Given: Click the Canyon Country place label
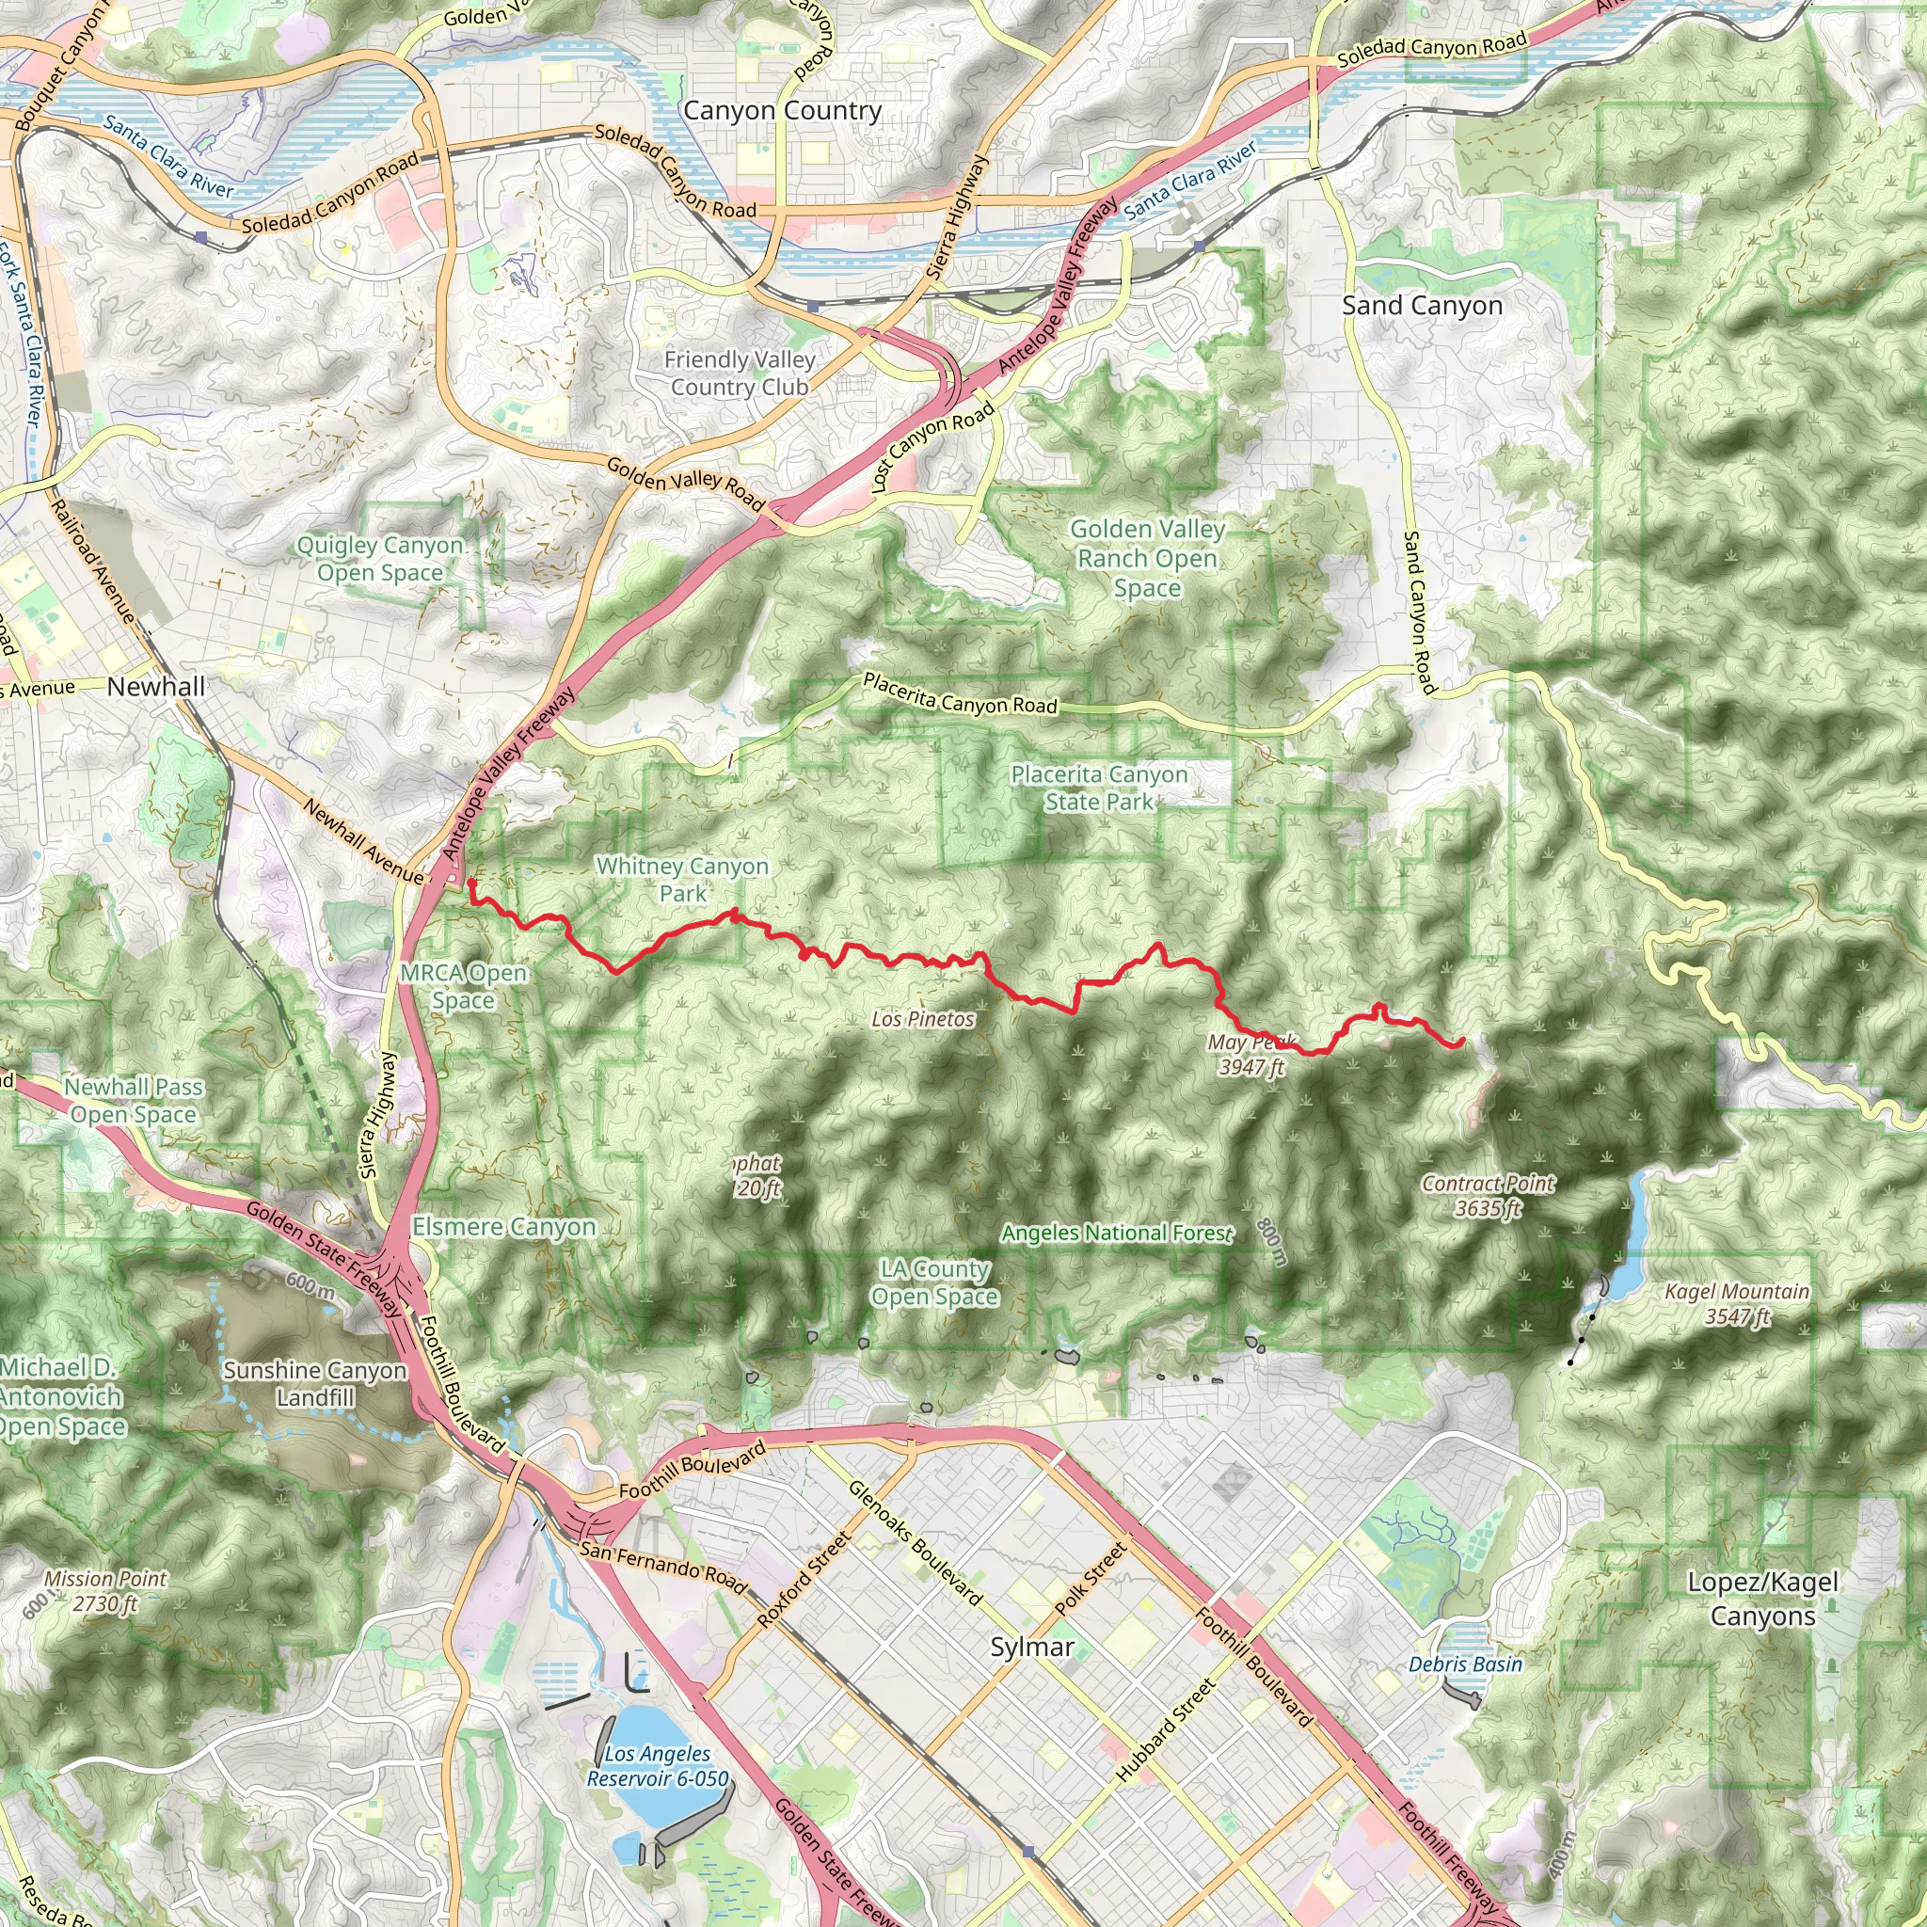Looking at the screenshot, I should [x=782, y=111].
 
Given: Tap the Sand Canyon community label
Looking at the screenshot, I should [x=1422, y=305].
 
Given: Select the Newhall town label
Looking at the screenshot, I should [x=155, y=686].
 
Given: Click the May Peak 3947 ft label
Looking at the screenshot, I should [x=1251, y=1054].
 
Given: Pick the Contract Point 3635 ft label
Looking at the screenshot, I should [x=1488, y=1196].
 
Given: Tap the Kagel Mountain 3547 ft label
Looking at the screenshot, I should [x=1737, y=1303].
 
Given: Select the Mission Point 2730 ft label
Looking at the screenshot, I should [x=104, y=1591].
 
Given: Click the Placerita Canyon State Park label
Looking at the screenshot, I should [x=1099, y=788].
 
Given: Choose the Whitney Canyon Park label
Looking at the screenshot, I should [x=682, y=880].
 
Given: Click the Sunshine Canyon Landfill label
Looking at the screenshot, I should [x=315, y=1383].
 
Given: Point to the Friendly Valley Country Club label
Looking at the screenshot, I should [x=739, y=373].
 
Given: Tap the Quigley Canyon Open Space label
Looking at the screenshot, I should [x=380, y=559].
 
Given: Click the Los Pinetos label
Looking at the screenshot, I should [x=923, y=1018].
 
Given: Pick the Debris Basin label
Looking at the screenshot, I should [x=1465, y=1664].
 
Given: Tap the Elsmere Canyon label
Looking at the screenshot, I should [x=503, y=1227].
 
